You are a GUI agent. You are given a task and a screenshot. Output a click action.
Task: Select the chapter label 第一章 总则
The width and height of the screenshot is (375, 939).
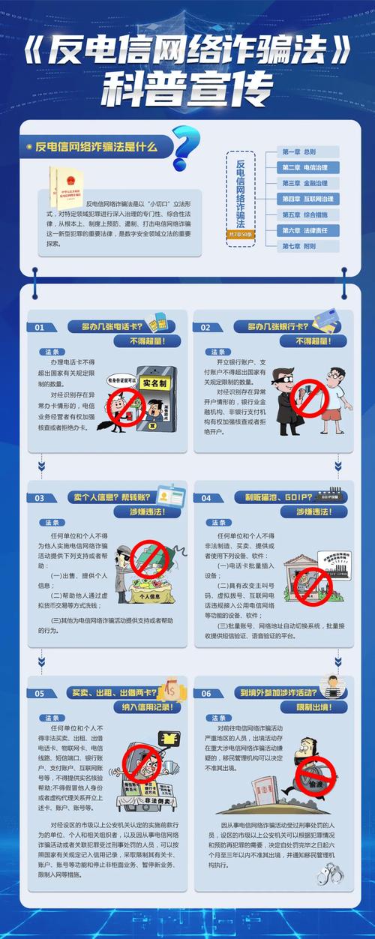point(307,151)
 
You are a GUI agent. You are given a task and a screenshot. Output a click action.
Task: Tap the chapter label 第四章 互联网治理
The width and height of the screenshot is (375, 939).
point(307,199)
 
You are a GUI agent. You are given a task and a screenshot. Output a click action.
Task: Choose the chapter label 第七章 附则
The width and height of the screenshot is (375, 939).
point(307,246)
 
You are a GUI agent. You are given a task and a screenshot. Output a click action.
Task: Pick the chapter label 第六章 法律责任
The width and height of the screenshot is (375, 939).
point(307,230)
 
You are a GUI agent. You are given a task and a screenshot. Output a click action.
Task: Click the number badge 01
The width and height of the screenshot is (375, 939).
point(40,327)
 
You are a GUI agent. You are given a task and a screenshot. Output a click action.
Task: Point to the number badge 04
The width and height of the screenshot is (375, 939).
point(205,498)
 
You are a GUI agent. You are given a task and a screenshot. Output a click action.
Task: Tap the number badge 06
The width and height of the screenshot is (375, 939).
point(205,693)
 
